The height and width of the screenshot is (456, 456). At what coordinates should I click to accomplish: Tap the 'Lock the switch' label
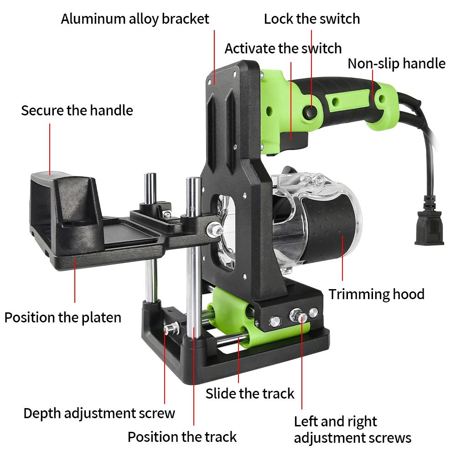click(312, 19)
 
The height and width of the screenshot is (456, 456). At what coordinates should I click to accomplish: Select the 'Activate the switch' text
click(283, 48)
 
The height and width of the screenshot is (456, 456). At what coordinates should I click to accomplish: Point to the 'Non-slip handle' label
click(396, 64)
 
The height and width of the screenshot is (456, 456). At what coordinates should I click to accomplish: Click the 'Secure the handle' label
click(77, 110)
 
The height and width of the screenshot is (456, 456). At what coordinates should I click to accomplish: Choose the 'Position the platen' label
click(63, 317)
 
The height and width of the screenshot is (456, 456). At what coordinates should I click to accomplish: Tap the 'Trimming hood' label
click(376, 294)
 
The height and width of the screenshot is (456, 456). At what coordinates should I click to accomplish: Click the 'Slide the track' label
click(250, 394)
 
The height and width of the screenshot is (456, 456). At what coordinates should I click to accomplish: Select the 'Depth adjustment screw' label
click(99, 414)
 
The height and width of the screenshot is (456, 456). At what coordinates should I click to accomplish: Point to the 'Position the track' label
click(182, 437)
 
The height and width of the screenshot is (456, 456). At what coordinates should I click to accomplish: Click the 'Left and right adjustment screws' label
click(352, 430)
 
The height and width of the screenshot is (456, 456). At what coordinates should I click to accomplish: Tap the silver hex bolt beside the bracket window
click(214, 229)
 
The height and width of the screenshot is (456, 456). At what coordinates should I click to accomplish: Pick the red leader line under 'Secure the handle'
click(50, 149)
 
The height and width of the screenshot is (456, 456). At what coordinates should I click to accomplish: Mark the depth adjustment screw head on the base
click(171, 328)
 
